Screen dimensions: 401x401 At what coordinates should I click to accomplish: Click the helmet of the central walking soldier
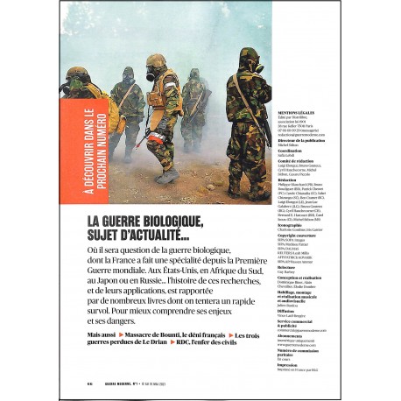158,62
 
